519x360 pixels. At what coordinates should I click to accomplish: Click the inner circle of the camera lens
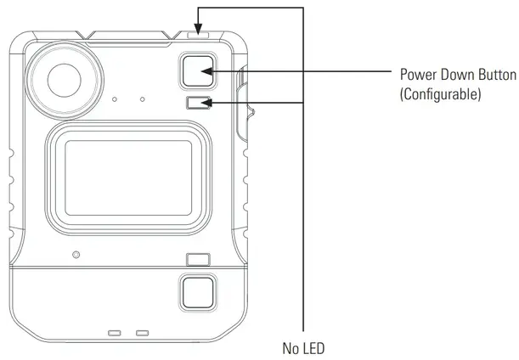(x=65, y=81)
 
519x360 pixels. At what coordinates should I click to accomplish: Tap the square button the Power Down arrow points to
(x=198, y=70)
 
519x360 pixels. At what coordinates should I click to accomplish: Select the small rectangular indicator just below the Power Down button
(x=198, y=103)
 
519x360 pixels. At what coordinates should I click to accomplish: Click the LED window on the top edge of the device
(x=198, y=35)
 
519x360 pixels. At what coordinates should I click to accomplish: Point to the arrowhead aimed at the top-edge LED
(x=198, y=29)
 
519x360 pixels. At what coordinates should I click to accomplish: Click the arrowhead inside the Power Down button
(x=206, y=71)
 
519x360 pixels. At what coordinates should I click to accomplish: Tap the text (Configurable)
(x=440, y=94)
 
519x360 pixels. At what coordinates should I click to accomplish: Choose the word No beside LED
(x=290, y=348)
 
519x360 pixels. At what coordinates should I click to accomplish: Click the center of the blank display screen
(x=128, y=177)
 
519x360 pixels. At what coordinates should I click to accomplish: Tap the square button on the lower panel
(x=198, y=292)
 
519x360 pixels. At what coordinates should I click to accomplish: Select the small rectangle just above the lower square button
(x=198, y=260)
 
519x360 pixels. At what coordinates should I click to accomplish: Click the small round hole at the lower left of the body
(x=76, y=255)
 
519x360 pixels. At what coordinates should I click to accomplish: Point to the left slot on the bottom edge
(x=115, y=333)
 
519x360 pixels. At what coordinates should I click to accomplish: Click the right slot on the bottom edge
(x=143, y=333)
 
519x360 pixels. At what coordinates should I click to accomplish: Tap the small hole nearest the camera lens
(x=115, y=99)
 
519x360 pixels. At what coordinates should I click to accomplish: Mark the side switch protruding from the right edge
(x=244, y=104)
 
